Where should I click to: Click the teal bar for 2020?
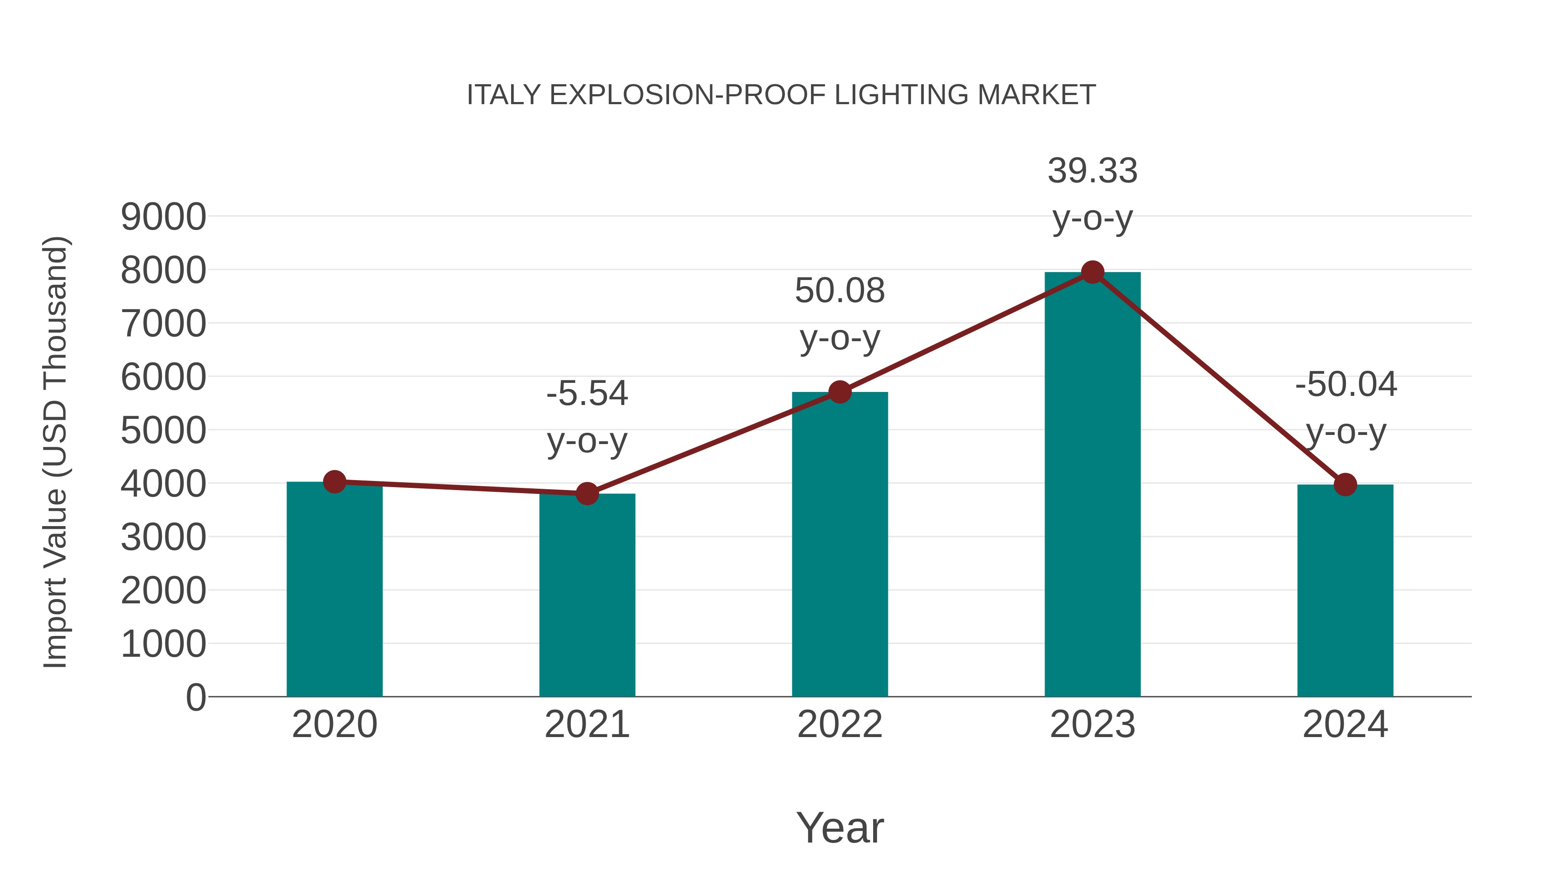pos(334,592)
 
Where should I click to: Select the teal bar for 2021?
pos(587,598)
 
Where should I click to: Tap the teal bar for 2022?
pos(840,546)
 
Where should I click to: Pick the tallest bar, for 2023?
pos(1092,485)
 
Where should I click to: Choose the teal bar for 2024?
pos(1345,592)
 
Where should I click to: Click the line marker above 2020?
pos(334,482)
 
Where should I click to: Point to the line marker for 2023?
pos(1092,272)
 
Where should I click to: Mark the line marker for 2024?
pos(1345,485)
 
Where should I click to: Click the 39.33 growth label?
pos(1092,171)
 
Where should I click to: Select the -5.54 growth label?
pos(587,394)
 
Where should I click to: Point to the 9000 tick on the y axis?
pos(163,217)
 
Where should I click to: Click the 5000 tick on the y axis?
pos(163,431)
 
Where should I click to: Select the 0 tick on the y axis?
pos(195,698)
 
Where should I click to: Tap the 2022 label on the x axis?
pos(840,725)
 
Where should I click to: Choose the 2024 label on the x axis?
pos(1345,725)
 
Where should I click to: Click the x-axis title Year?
pos(840,828)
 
